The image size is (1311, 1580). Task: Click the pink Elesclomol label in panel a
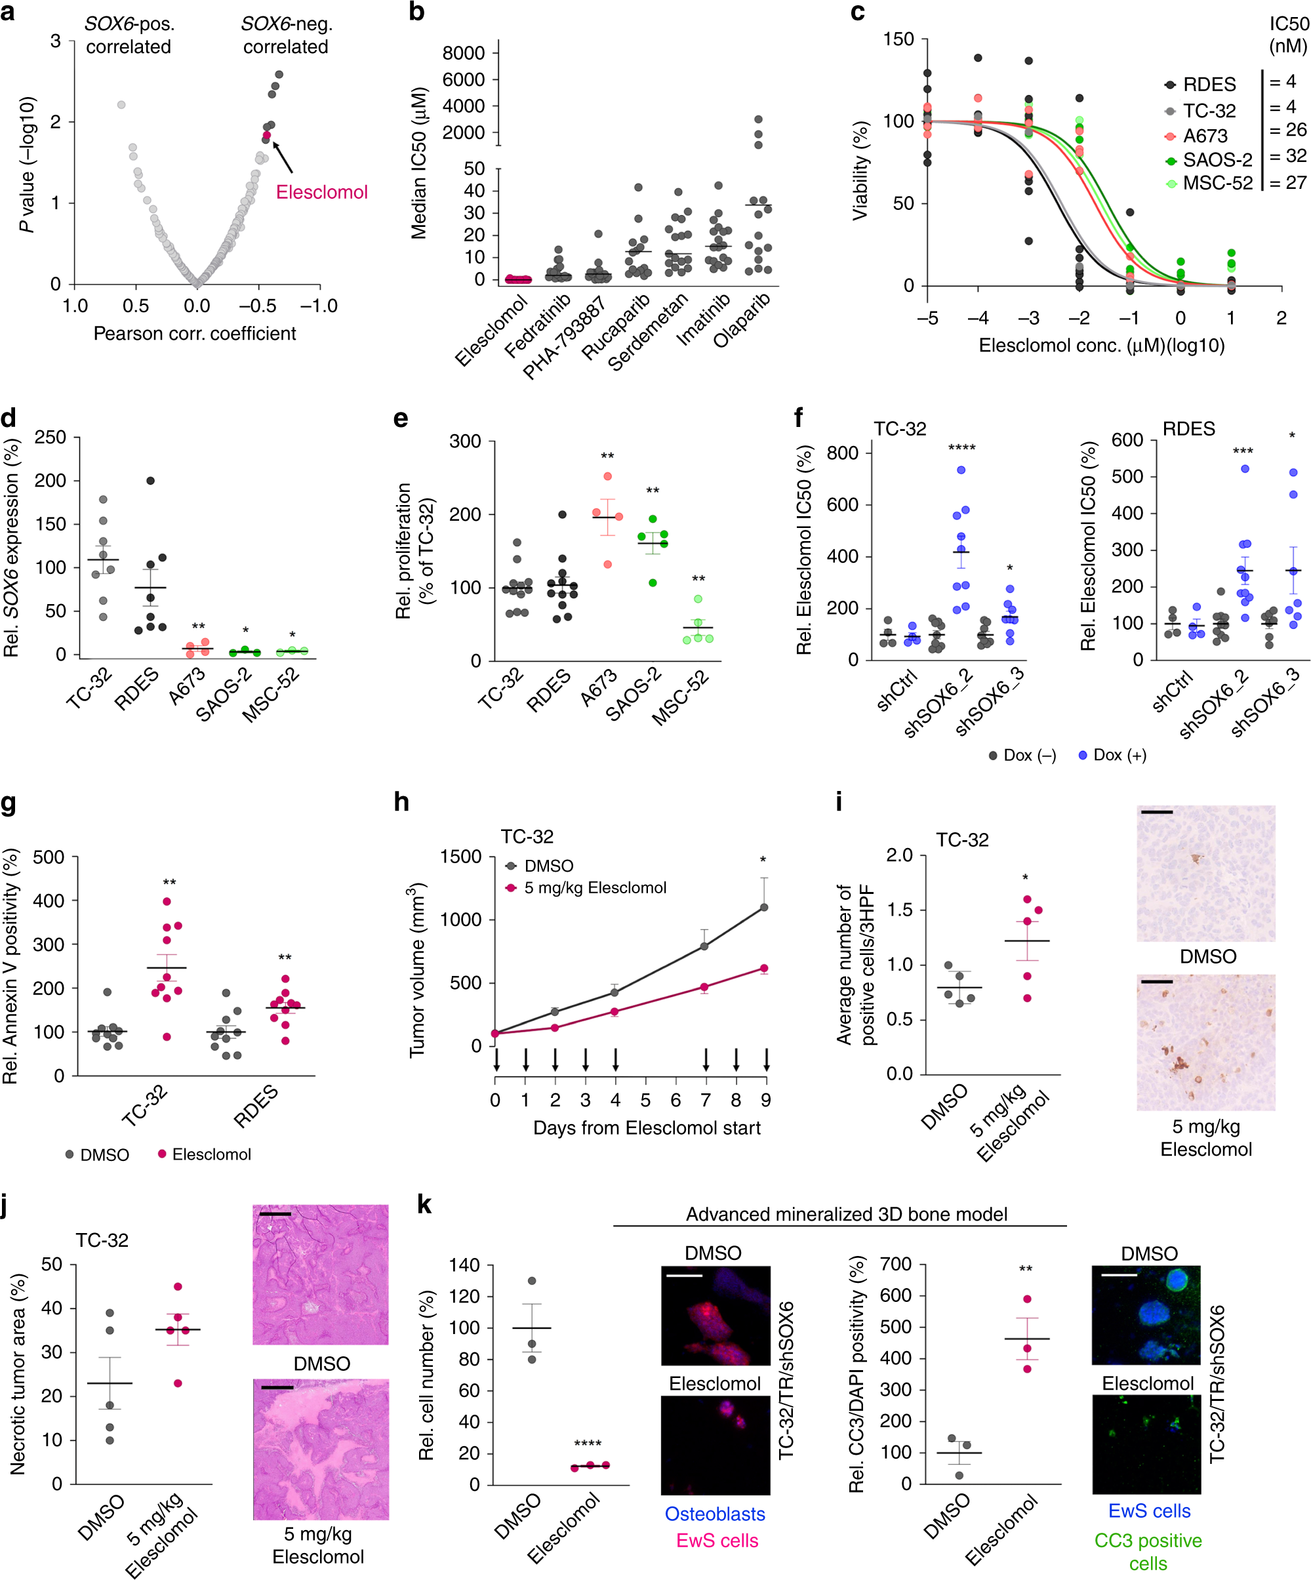click(x=321, y=192)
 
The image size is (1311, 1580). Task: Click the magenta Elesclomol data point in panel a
click(x=266, y=135)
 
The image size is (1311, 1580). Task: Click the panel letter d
click(x=9, y=418)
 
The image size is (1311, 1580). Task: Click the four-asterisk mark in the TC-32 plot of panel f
click(x=961, y=449)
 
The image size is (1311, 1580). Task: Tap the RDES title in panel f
click(x=1188, y=429)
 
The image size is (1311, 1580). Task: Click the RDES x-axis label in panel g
click(x=256, y=1106)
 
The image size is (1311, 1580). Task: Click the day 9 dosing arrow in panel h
click(x=766, y=1060)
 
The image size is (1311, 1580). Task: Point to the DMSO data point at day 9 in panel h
click(x=764, y=907)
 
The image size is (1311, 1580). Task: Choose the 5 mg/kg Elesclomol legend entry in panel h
click(x=594, y=888)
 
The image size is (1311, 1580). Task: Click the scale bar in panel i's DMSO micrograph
click(x=1156, y=813)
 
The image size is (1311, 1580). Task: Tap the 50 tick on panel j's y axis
click(x=52, y=1265)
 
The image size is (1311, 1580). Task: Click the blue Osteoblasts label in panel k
click(x=715, y=1514)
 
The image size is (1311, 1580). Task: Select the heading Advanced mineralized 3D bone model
click(x=846, y=1214)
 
